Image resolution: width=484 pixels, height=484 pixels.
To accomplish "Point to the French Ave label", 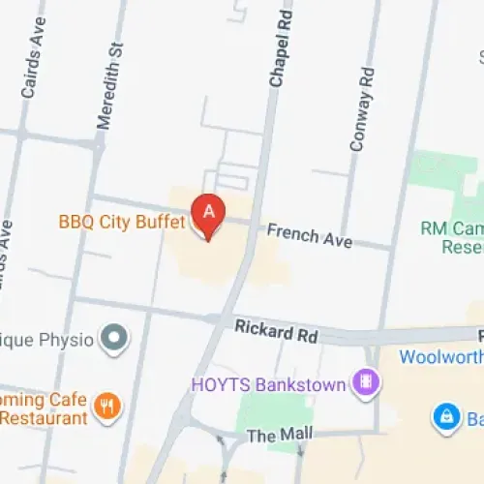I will point(310,235).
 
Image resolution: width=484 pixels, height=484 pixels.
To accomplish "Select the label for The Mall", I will point(275,437).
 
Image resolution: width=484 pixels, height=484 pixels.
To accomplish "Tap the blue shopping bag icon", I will point(445,417).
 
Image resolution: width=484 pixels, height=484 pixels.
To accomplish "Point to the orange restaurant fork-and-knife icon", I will point(108,408).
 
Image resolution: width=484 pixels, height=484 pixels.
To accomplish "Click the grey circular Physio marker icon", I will point(116,339).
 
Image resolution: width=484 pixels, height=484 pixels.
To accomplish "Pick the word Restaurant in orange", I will point(45,418).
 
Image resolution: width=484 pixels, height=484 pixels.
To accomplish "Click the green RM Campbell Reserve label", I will point(451,237).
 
